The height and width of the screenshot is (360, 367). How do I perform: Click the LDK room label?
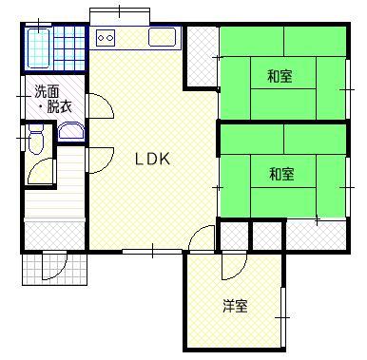(152, 159)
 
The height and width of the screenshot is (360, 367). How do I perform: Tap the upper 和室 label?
(280, 76)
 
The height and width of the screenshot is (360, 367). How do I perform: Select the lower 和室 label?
(281, 174)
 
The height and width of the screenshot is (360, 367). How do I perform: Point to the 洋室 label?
(235, 306)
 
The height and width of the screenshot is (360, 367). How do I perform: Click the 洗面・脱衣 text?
(53, 99)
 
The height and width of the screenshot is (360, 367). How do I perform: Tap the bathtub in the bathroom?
(39, 48)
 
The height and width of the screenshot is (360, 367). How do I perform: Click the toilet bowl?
(35, 139)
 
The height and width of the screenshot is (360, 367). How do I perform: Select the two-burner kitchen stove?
(106, 38)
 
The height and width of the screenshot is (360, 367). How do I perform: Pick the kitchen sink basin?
(163, 37)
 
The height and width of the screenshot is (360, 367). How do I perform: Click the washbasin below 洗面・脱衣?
(71, 130)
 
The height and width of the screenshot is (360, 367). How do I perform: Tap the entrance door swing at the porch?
(55, 266)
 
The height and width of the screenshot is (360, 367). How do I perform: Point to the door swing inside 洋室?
(234, 266)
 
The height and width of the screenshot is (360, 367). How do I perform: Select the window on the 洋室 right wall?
(283, 317)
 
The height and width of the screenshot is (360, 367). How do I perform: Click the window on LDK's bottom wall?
(152, 252)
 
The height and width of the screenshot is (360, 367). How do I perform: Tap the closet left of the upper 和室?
(202, 56)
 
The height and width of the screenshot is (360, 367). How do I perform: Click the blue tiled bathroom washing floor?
(69, 48)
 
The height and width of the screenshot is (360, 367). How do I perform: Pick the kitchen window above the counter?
(120, 16)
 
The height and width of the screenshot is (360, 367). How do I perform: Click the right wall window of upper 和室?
(348, 89)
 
